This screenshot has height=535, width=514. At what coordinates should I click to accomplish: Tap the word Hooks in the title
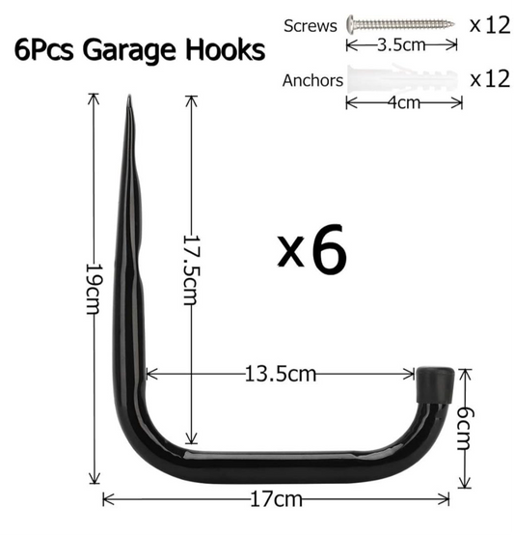225,49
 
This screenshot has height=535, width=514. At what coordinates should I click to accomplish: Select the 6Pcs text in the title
43,50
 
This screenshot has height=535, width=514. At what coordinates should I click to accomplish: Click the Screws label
311,26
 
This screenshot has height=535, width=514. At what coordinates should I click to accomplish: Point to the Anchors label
312,80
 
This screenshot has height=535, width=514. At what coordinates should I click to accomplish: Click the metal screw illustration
400,24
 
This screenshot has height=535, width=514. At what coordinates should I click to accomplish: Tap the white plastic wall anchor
402,78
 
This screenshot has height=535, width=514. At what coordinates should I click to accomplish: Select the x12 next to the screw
490,24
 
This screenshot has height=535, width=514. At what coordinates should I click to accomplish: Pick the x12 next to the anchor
490,78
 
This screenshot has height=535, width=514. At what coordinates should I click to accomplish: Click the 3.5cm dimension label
401,45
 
